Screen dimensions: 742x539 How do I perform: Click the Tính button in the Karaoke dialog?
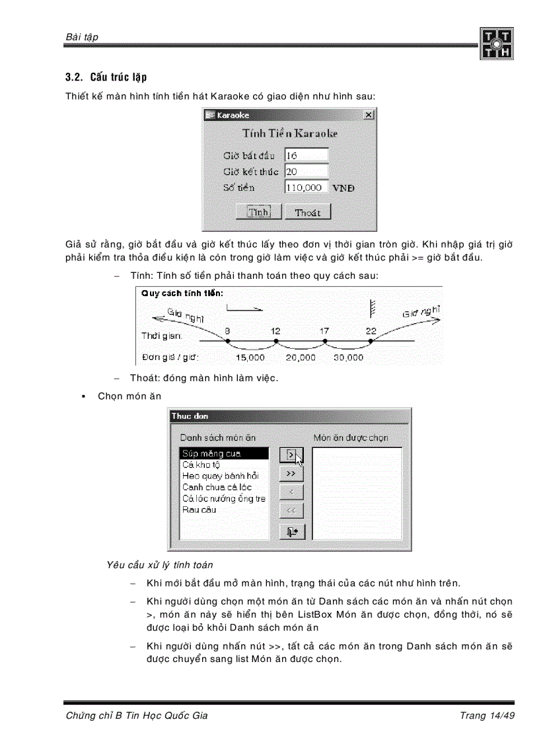click(258, 212)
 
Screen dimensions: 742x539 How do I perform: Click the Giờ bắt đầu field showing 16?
click(306, 155)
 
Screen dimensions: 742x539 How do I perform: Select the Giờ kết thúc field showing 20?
click(306, 171)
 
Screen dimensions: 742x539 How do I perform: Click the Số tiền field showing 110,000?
click(306, 187)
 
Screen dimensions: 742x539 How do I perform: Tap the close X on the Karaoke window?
click(368, 115)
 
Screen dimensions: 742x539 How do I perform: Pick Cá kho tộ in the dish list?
click(201, 464)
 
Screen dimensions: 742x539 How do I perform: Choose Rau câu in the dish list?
click(199, 509)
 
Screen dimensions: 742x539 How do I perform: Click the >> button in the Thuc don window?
click(291, 474)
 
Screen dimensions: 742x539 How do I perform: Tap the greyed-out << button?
click(291, 510)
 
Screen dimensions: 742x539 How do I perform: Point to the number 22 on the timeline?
click(371, 330)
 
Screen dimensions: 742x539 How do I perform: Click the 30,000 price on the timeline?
click(348, 357)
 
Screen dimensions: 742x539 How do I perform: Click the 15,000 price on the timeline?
click(250, 357)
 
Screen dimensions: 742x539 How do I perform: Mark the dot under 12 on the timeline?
click(276, 341)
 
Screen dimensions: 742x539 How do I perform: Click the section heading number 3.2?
click(74, 78)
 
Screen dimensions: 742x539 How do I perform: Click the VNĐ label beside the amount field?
click(343, 188)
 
